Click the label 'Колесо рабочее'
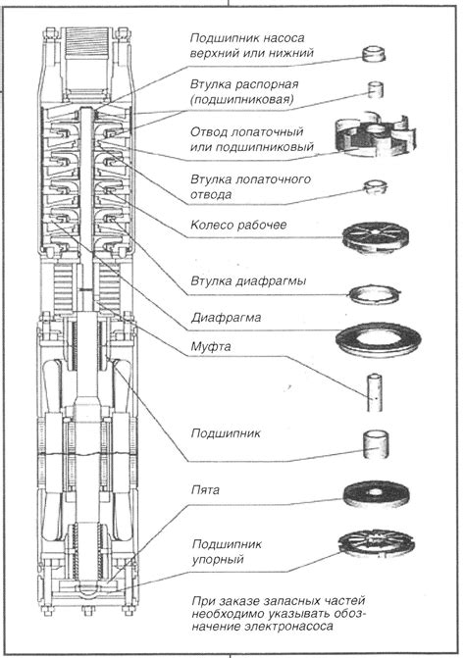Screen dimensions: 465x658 click(x=238, y=225)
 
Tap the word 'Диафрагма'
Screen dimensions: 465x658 click(x=226, y=318)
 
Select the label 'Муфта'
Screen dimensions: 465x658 click(x=211, y=347)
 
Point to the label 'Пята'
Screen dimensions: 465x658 click(x=205, y=489)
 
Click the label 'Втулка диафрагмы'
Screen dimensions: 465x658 click(x=248, y=280)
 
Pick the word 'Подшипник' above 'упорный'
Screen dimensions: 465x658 click(x=227, y=544)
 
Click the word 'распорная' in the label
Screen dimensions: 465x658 click(x=267, y=84)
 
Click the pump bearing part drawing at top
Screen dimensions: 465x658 click(x=373, y=54)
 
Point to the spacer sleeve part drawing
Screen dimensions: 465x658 click(x=376, y=89)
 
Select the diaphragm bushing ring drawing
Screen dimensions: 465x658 click(x=374, y=295)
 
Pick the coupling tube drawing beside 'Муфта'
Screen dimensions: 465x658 click(x=375, y=392)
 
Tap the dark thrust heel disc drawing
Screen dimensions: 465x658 click(x=376, y=494)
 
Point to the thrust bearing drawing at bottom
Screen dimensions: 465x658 click(x=377, y=544)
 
